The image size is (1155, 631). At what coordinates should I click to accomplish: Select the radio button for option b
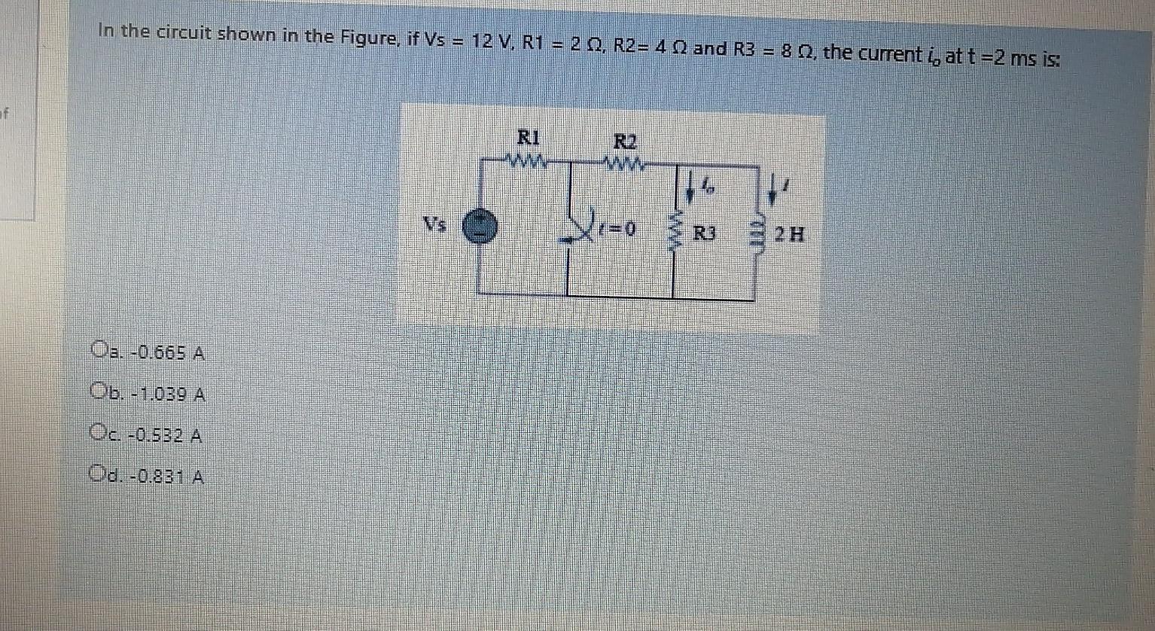coord(97,392)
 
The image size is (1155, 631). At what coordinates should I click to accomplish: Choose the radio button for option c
coord(97,432)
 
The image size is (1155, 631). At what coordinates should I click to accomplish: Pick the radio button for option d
coord(97,474)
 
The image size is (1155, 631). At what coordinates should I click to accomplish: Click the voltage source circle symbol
coord(480,227)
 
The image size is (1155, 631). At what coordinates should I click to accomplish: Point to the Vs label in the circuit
coord(434,224)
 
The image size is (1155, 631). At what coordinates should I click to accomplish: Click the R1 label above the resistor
coord(528,138)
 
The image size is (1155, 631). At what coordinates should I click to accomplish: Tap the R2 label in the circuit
coord(625,141)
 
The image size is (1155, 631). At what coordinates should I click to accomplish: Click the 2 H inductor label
coord(788,234)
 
